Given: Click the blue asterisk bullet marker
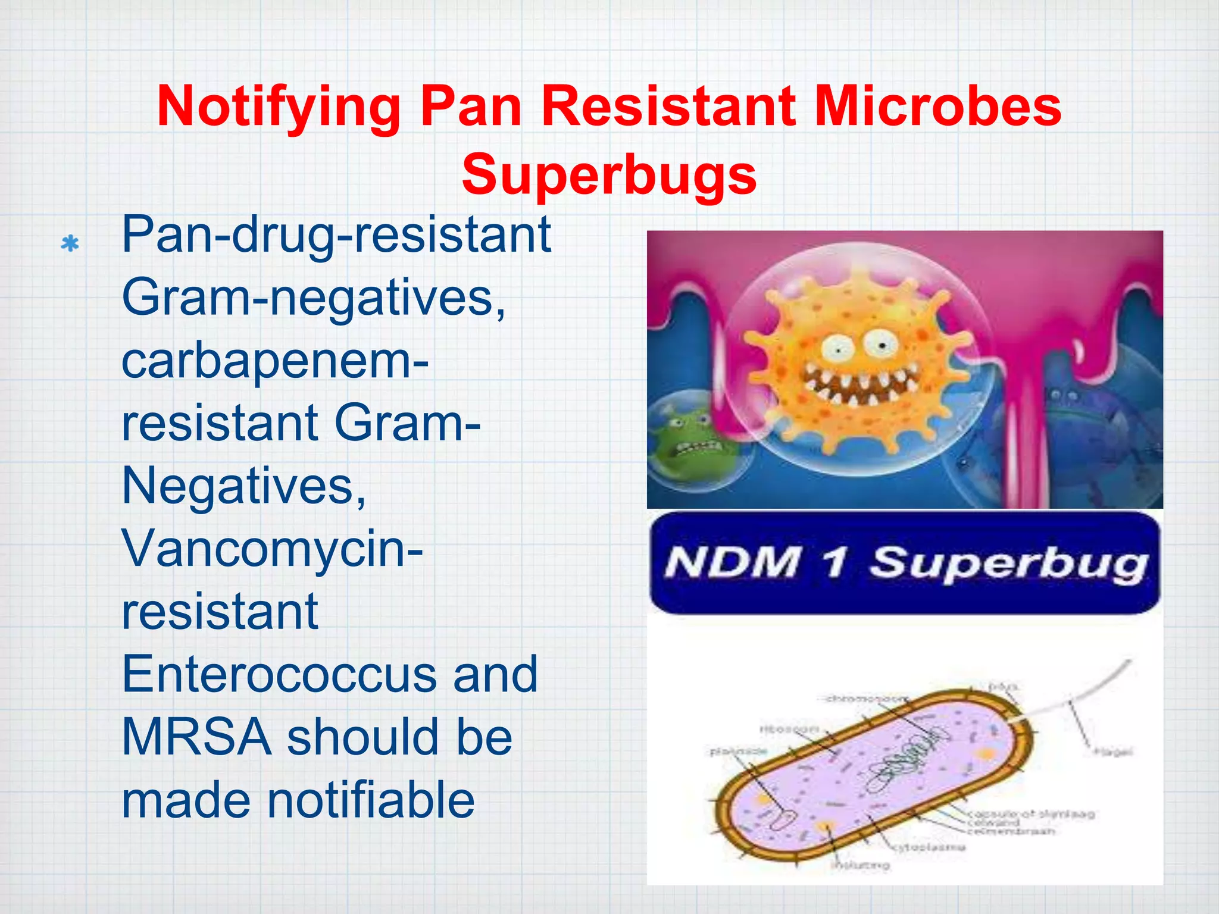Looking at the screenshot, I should point(70,244).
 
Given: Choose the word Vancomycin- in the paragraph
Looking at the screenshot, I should point(272,549).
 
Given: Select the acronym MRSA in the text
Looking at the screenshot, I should point(196,737).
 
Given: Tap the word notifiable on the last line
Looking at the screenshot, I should point(370,800).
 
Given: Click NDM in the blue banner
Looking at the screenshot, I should point(732,562).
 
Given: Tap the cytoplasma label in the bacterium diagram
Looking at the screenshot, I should point(929,847).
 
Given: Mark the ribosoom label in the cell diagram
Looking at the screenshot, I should point(789,729).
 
